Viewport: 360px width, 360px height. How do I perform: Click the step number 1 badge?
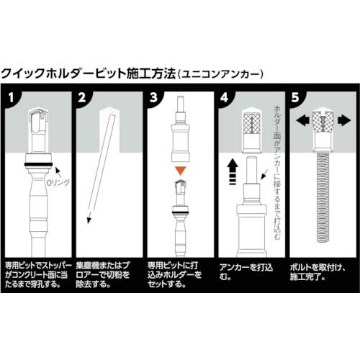click(11, 98)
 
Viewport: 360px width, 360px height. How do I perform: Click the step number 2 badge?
click(82, 98)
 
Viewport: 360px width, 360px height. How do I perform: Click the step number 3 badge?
click(153, 98)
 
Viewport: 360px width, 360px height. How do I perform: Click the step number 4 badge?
click(225, 98)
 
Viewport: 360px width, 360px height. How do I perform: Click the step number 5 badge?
click(295, 98)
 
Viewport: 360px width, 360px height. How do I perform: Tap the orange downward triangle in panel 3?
click(181, 171)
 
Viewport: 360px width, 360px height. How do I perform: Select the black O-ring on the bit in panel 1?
click(38, 164)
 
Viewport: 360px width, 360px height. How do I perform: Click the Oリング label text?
click(58, 183)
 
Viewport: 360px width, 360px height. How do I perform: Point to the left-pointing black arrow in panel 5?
click(304, 120)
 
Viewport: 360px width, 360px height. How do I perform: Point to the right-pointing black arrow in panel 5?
click(344, 120)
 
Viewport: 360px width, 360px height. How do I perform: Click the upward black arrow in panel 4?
click(233, 172)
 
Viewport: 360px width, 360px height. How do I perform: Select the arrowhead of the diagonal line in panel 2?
click(89, 220)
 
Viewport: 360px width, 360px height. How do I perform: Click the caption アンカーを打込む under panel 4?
click(246, 272)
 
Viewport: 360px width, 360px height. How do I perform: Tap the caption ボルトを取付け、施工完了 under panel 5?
click(318, 272)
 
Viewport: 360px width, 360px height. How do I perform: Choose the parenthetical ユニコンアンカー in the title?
click(220, 74)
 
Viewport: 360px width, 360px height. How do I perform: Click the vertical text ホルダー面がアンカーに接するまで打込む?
click(277, 173)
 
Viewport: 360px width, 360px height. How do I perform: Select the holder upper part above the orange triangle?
click(181, 130)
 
